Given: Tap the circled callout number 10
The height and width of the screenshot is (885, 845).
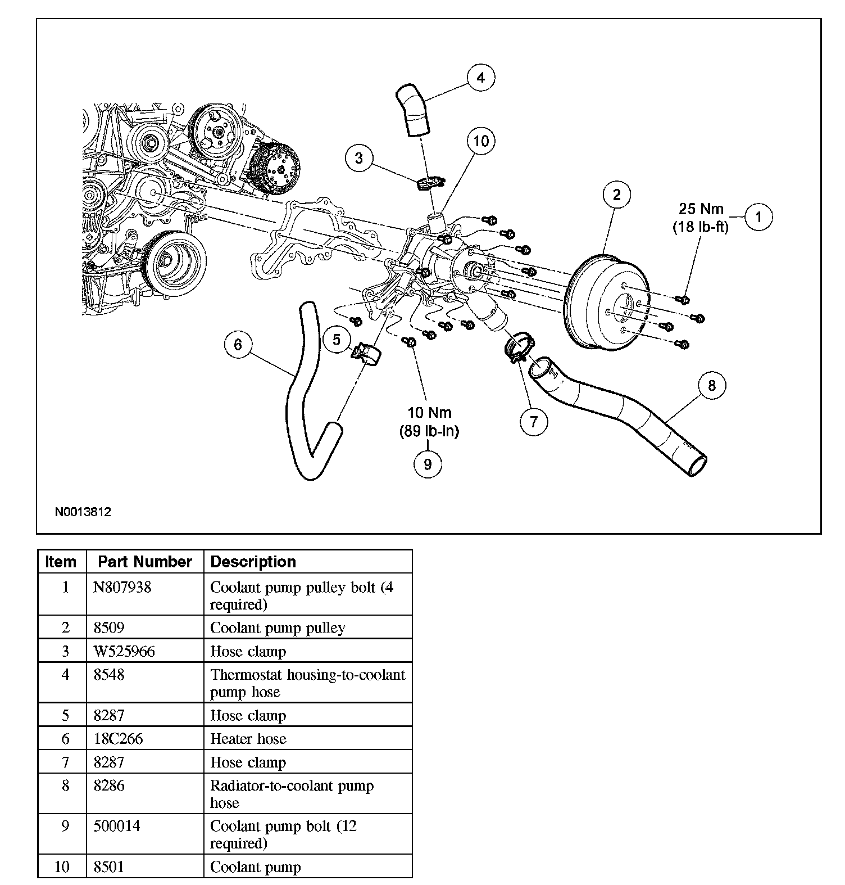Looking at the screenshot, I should coord(481,141).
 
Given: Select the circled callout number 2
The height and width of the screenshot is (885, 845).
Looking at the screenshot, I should coord(617,195).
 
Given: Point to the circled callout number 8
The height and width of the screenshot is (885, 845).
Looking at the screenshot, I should coord(712,385).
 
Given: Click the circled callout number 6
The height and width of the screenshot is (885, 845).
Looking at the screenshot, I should coord(238,344).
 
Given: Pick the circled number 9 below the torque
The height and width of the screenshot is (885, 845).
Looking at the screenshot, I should coord(428,464).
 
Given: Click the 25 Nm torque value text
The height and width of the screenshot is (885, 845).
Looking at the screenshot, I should coord(701,209).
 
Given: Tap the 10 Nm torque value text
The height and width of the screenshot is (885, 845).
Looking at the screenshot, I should coord(429,413).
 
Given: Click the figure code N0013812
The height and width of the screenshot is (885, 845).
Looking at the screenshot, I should coord(83,512).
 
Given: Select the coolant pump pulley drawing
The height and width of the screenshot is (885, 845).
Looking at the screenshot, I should coord(607,303).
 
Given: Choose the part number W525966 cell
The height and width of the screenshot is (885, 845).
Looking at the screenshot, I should coord(124,651).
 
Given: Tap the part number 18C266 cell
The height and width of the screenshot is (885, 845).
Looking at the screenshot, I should coord(119,739).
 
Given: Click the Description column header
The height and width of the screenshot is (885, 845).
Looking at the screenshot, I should coord(253,562).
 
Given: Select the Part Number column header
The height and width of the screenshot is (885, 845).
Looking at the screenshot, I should coord(145,562).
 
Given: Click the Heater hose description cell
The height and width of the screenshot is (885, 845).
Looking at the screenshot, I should coord(248,739).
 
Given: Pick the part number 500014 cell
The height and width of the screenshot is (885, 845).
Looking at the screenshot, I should coord(117,827).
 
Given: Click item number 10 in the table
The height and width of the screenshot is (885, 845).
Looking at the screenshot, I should coord(62,867).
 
